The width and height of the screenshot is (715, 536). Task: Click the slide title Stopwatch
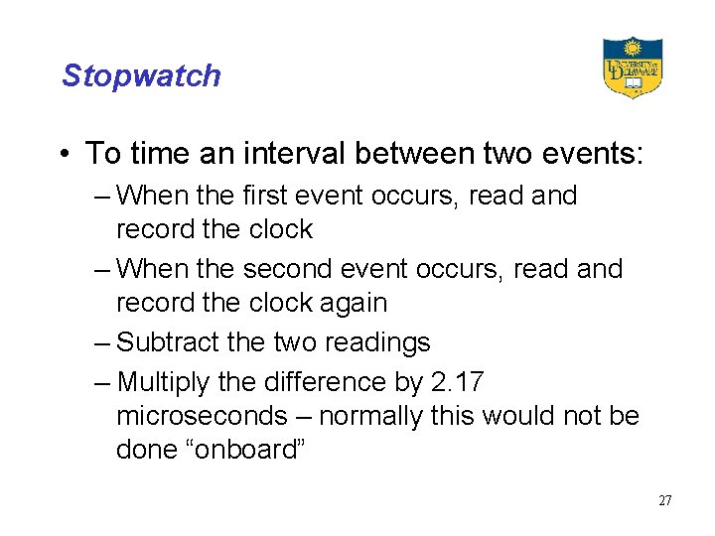[x=141, y=75]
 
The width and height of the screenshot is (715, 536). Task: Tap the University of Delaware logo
[x=633, y=67]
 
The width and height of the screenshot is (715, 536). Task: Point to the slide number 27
[x=664, y=500]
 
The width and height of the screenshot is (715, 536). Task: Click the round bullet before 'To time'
[x=65, y=155]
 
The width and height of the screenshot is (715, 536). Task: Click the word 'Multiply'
[x=165, y=382]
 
